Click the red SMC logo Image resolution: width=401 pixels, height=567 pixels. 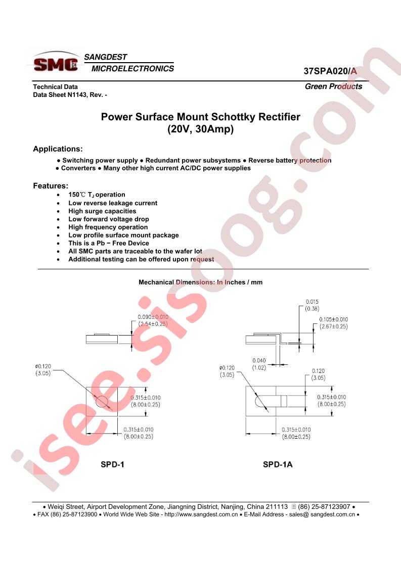(56, 64)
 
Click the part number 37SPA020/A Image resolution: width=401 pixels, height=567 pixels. (330, 71)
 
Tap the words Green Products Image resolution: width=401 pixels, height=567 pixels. (333, 86)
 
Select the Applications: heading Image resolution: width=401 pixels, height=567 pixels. (58, 149)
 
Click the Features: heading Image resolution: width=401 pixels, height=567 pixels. (51, 186)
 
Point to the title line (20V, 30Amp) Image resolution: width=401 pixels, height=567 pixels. (200, 129)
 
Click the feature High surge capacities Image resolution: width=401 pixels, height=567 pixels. (103, 211)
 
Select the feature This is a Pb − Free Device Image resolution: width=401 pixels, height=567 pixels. (109, 243)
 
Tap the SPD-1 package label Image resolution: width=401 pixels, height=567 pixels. (112, 464)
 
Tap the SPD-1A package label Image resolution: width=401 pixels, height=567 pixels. (278, 464)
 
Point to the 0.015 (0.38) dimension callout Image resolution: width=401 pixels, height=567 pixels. (312, 305)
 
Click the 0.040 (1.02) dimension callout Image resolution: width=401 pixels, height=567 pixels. (259, 364)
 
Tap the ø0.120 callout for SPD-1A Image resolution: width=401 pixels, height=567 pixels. (227, 371)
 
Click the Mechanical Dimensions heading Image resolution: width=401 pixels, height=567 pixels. (200, 282)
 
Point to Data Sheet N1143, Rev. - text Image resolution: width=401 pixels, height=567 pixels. (70, 94)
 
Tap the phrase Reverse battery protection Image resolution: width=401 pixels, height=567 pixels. (290, 160)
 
